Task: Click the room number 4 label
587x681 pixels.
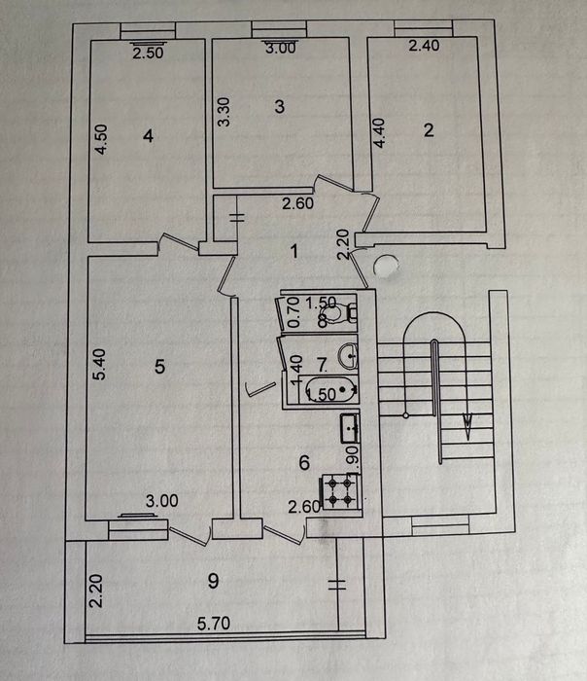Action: tap(149, 136)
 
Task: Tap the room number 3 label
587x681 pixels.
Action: tap(279, 106)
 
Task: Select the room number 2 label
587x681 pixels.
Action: tap(429, 130)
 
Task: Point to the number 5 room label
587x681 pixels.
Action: tap(159, 367)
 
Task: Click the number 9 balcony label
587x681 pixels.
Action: tap(213, 581)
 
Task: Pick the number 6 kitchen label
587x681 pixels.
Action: tap(304, 463)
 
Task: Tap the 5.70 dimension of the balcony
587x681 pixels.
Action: tap(214, 624)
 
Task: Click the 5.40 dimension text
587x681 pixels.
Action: tap(99, 365)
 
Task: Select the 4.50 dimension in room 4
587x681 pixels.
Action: tap(101, 139)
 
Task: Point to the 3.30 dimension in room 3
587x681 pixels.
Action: tap(224, 112)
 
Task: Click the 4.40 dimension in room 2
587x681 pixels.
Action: tap(379, 133)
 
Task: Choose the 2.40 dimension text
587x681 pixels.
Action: tap(424, 45)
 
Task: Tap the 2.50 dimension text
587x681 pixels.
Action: tap(148, 53)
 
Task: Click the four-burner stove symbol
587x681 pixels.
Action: tap(340, 491)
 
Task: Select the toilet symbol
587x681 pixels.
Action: tap(338, 312)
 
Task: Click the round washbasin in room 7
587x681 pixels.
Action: tap(349, 355)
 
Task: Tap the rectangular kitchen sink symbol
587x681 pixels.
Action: tap(350, 428)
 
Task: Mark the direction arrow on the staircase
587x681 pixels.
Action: tap(467, 426)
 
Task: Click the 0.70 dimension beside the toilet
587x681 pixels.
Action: tap(294, 312)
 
